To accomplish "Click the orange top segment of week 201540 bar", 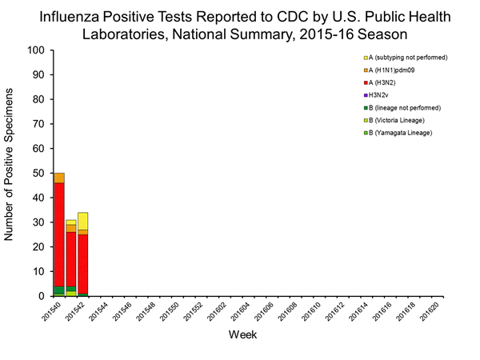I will coord(59,178).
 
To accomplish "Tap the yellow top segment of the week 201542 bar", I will coord(82,221).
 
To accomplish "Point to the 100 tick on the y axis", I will coord(34,50).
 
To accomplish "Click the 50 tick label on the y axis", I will coord(37,174).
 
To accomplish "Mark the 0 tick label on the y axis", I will coord(40,297).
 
